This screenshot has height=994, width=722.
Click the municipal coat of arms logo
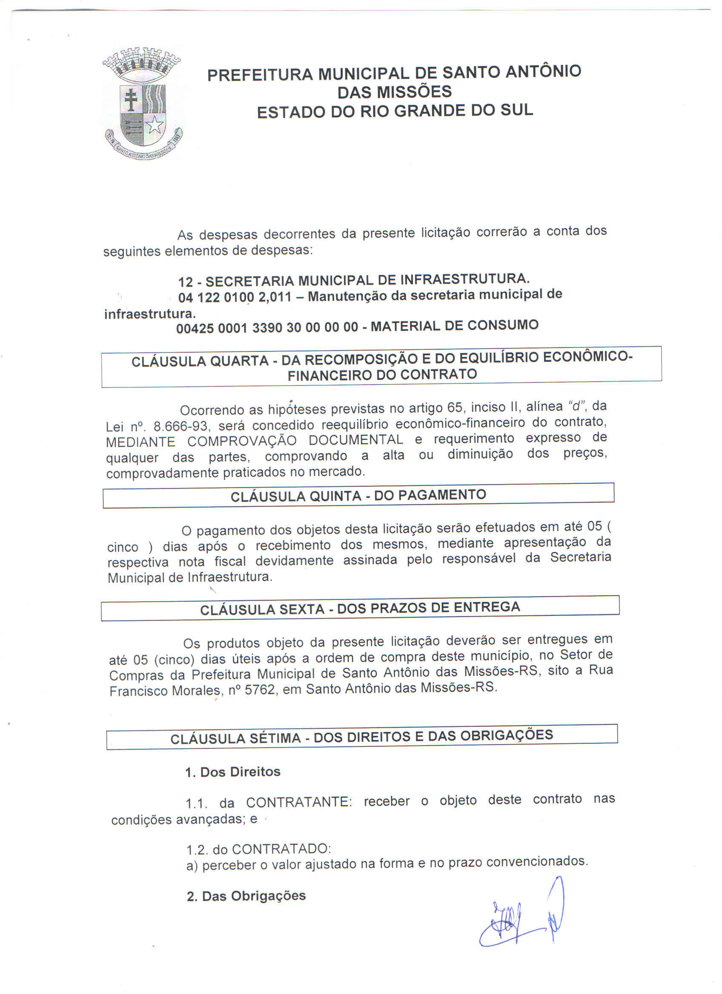(x=142, y=104)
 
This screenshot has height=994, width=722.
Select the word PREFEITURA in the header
(x=260, y=75)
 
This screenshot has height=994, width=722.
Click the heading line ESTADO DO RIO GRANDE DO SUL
(x=395, y=111)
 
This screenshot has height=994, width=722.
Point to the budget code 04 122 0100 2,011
(x=235, y=297)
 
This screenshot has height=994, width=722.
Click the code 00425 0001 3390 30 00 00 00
(x=267, y=328)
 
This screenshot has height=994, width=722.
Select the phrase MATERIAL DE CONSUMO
(x=454, y=326)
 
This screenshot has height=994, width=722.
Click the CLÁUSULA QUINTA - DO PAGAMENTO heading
(x=358, y=496)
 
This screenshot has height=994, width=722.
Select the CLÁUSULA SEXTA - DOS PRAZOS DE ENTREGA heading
(x=360, y=609)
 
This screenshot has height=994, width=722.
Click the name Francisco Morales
(x=164, y=691)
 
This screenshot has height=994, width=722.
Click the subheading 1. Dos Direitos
(x=232, y=772)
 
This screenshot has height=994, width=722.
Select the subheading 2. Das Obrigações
(x=246, y=896)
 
